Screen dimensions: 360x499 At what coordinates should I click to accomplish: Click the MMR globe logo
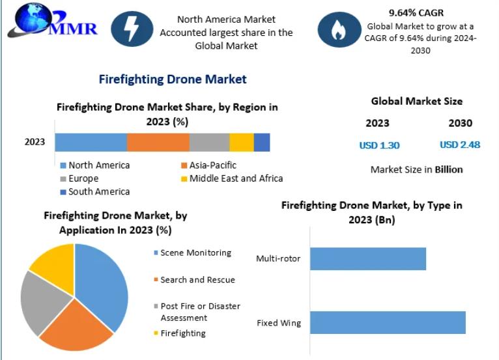pyautogui.click(x=29, y=21)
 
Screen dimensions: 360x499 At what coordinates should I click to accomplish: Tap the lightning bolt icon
pyautogui.click(x=132, y=29)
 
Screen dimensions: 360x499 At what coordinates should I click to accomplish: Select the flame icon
pyautogui.click(x=338, y=30)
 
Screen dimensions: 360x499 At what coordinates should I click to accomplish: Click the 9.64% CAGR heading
pyautogui.click(x=416, y=13)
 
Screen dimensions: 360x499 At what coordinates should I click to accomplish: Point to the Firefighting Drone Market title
pyautogui.click(x=172, y=79)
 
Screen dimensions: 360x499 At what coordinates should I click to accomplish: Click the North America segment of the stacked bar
pyautogui.click(x=91, y=142)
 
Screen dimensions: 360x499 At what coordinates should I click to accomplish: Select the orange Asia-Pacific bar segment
pyautogui.click(x=158, y=142)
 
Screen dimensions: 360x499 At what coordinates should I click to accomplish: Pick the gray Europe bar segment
pyautogui.click(x=209, y=142)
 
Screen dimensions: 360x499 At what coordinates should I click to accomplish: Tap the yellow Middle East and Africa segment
pyautogui.click(x=241, y=142)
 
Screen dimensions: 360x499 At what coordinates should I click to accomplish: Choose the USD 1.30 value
pyautogui.click(x=379, y=145)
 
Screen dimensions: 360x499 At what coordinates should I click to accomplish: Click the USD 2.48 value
pyautogui.click(x=460, y=145)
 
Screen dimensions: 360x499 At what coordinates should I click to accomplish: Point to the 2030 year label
pyautogui.click(x=460, y=123)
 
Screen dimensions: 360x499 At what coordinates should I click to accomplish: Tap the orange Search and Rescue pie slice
pyautogui.click(x=75, y=325)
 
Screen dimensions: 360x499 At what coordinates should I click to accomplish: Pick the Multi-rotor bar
pyautogui.click(x=367, y=258)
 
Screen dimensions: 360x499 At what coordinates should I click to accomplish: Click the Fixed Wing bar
pyautogui.click(x=387, y=322)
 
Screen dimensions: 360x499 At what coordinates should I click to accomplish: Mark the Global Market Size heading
pyautogui.click(x=417, y=102)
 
